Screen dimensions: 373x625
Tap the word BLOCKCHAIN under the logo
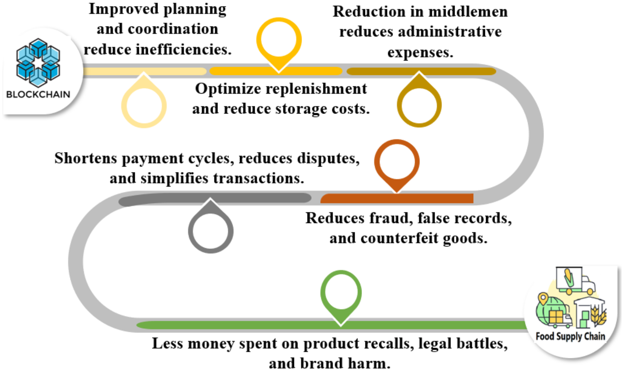(x=38, y=95)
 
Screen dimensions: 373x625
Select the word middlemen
(x=468, y=12)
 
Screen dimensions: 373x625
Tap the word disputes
(x=328, y=158)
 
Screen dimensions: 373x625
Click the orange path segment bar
(x=397, y=198)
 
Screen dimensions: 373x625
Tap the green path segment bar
(x=327, y=325)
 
